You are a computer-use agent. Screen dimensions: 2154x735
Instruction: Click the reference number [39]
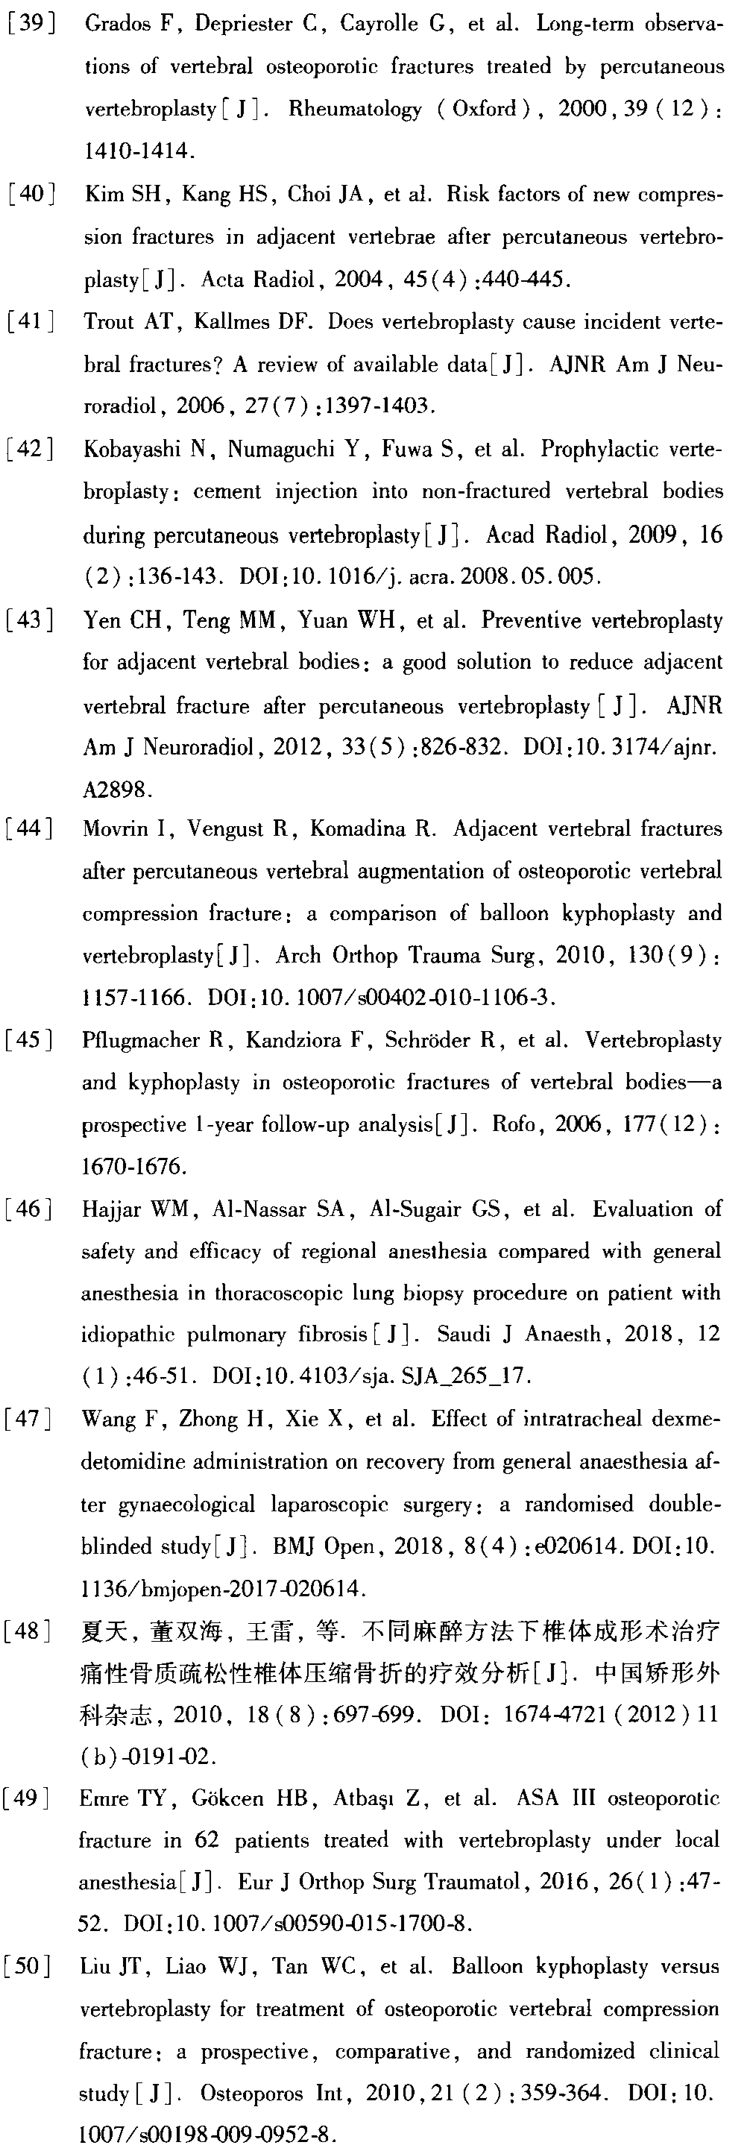point(32,23)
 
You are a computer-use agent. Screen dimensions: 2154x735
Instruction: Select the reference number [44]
point(30,828)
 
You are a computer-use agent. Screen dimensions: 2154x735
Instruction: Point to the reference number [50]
point(28,1967)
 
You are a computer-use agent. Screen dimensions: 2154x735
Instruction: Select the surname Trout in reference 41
point(109,322)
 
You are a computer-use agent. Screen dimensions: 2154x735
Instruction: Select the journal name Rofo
point(515,1124)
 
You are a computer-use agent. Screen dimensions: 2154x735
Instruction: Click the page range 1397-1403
point(384,407)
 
